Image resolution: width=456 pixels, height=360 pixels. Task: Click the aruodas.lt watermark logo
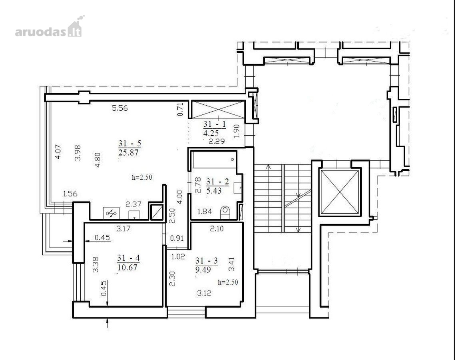49,27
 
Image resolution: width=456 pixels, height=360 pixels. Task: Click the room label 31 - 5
129,143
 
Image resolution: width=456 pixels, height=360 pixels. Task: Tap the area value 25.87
129,152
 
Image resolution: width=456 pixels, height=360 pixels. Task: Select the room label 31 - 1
215,124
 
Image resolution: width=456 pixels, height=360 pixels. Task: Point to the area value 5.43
214,191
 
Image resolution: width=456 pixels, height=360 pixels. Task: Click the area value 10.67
127,267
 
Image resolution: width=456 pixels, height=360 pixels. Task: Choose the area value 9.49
203,270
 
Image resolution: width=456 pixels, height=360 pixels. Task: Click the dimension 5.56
120,108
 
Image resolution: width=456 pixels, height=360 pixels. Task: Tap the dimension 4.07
58,152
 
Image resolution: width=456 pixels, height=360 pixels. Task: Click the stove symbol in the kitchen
112,213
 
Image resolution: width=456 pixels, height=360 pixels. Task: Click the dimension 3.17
123,228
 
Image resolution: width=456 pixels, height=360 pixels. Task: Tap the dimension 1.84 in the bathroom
205,211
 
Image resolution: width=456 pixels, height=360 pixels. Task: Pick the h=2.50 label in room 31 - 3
228,282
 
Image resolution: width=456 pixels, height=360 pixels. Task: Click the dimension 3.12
204,293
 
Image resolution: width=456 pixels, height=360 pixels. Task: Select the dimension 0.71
181,110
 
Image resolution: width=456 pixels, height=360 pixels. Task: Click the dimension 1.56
70,194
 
